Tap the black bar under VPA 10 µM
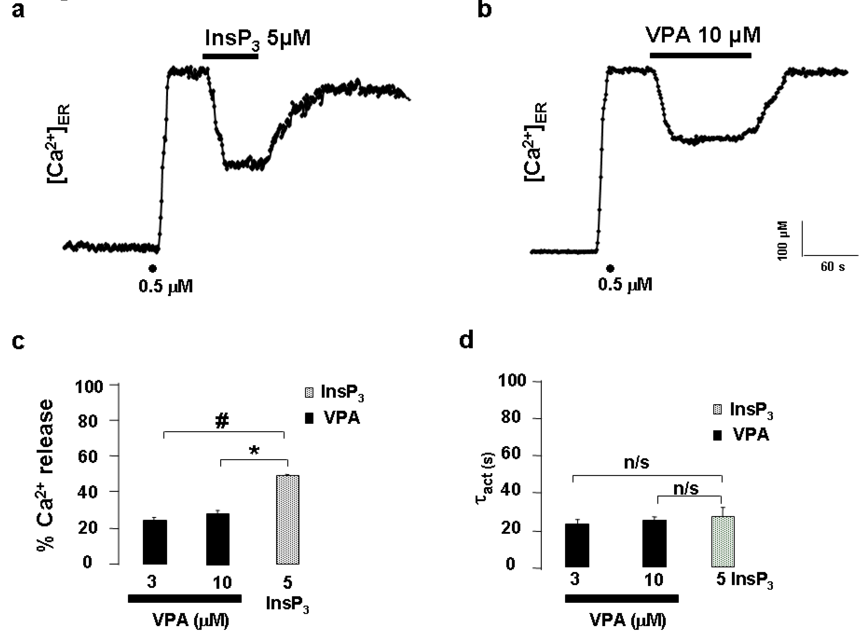tap(700, 56)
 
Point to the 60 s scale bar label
tap(832, 267)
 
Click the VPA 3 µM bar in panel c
tap(155, 542)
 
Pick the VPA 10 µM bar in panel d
tap(654, 543)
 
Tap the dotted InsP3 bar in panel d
tap(723, 541)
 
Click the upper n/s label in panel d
tap(636, 463)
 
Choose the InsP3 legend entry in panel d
tap(743, 410)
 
